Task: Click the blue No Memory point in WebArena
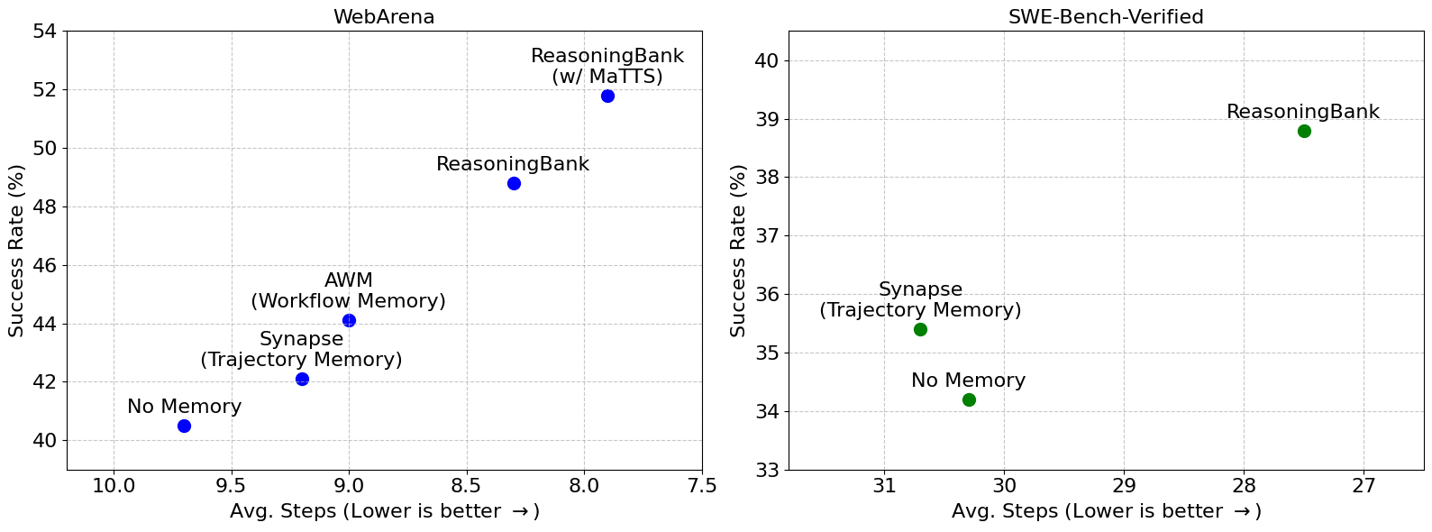point(184,426)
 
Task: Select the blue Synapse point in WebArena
point(302,379)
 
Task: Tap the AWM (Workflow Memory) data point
point(349,320)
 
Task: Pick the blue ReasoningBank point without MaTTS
point(514,183)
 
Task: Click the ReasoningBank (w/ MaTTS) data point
point(607,96)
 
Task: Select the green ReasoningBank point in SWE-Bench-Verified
point(1304,131)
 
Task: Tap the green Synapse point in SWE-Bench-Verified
point(920,329)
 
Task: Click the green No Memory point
point(969,399)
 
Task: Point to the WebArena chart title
point(384,17)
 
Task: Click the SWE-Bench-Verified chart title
point(1107,17)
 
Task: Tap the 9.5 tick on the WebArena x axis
point(232,486)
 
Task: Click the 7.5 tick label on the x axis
point(702,486)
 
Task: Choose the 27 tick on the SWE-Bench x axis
point(1364,486)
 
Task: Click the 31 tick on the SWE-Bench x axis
point(884,486)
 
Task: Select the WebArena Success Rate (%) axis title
point(16,251)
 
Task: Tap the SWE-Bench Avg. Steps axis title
point(1106,512)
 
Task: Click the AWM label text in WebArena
point(348,280)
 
